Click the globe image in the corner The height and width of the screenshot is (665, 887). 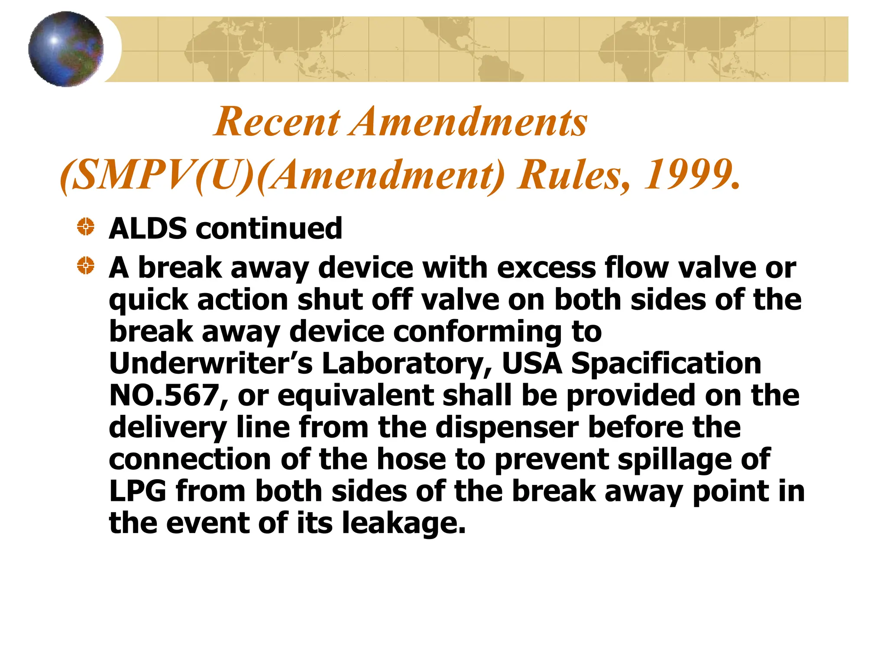pyautogui.click(x=66, y=49)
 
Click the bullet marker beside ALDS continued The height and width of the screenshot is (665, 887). pyautogui.click(x=86, y=226)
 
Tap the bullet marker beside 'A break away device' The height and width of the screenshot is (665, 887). pyautogui.click(x=86, y=265)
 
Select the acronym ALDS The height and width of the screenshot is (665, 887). pyautogui.click(x=148, y=228)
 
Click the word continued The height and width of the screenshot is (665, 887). pyautogui.click(x=269, y=228)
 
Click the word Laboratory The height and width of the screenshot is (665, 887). pyautogui.click(x=407, y=363)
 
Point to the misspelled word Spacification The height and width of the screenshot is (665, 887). pyautogui.click(x=666, y=363)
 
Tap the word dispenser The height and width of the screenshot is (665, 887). pyautogui.click(x=507, y=427)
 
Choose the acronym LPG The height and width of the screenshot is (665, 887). pyautogui.click(x=138, y=491)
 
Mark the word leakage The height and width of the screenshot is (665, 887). pyautogui.click(x=403, y=523)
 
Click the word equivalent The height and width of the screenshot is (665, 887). pyautogui.click(x=356, y=395)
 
